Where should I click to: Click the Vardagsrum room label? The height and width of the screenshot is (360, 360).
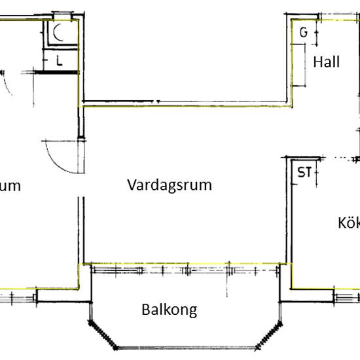tap(170, 185)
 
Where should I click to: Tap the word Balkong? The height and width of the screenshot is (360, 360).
tap(170, 310)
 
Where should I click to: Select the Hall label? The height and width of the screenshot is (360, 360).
tap(326, 62)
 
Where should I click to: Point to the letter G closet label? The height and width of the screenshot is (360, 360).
tap(303, 33)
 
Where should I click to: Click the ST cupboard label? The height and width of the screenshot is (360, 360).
tap(304, 173)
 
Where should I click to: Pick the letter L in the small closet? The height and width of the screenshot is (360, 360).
tap(59, 62)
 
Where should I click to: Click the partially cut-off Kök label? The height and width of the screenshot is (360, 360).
tap(350, 223)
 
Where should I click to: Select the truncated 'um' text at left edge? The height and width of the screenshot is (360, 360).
tap(10, 186)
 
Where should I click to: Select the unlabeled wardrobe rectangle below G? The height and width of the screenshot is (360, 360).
tap(307, 65)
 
